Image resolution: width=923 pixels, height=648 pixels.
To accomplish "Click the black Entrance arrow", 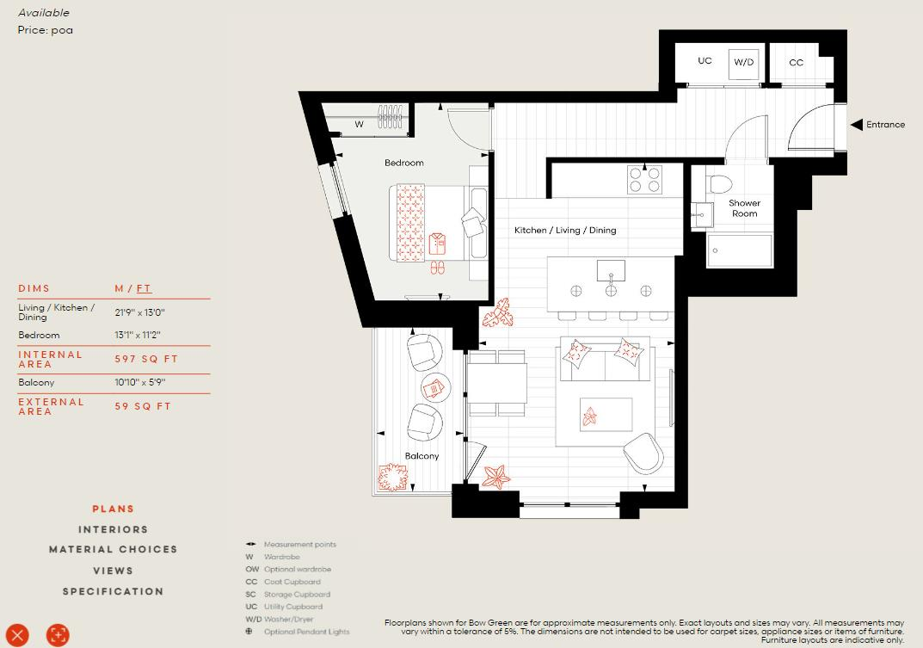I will [x=857, y=125].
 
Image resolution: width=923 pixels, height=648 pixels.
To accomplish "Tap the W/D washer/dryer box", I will [x=743, y=63].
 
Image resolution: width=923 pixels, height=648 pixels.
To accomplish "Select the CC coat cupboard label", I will [x=796, y=63].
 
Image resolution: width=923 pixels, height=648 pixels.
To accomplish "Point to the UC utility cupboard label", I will [x=705, y=61].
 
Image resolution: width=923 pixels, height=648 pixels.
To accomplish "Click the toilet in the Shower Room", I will [x=719, y=183].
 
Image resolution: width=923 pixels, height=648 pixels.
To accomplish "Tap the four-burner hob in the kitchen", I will [x=645, y=179].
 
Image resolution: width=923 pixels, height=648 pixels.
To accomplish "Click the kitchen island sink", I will [x=611, y=271].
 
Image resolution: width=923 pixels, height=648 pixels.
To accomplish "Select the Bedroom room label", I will [x=403, y=163].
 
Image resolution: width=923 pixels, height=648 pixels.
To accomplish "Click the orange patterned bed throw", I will [x=410, y=222].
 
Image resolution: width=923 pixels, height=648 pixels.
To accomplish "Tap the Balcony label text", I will [x=422, y=456].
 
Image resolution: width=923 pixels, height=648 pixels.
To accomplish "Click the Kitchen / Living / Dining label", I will [x=565, y=231].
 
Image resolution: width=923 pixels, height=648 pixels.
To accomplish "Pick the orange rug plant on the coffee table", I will [x=590, y=417].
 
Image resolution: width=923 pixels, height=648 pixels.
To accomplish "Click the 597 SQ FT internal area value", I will [x=146, y=359].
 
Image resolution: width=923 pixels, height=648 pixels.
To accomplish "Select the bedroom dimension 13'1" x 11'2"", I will [x=138, y=335].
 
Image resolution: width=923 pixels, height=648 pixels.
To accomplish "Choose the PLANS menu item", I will [x=114, y=509].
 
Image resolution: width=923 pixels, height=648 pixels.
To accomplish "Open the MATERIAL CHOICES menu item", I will [x=114, y=549].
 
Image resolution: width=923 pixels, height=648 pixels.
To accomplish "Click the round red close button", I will [x=17, y=634].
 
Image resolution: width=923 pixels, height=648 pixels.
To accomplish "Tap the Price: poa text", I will [x=46, y=30].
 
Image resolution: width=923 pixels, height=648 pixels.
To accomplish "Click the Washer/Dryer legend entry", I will [x=288, y=619].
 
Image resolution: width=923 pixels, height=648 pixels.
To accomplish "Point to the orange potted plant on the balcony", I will [x=392, y=476].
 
